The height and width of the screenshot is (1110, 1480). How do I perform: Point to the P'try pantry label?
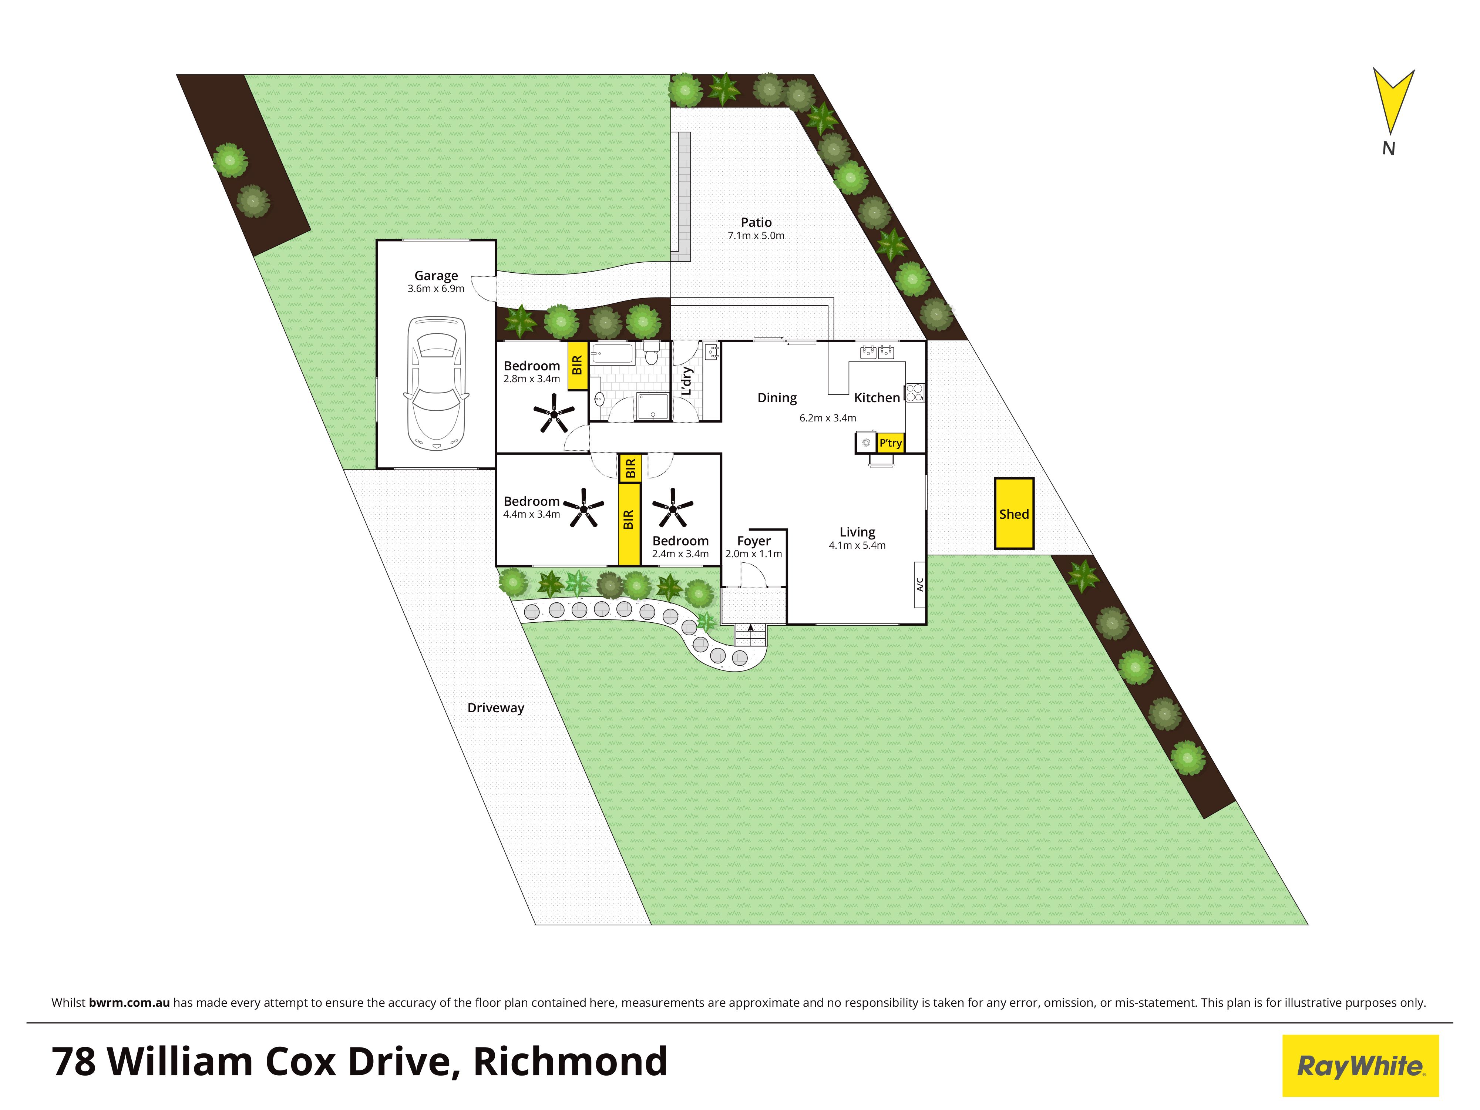[891, 443]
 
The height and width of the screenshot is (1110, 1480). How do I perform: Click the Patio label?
[756, 222]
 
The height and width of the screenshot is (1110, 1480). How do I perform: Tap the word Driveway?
[496, 708]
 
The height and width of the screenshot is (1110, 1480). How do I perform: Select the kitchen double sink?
[877, 351]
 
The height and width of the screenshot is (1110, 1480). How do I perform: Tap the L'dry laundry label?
[686, 381]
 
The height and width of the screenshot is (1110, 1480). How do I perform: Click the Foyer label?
[754, 541]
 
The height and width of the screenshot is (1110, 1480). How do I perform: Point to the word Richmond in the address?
[570, 1061]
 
